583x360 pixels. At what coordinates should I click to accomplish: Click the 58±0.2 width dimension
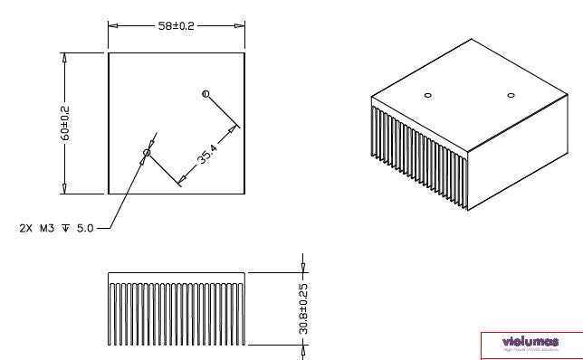(x=177, y=26)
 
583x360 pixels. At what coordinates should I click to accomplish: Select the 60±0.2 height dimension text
(x=66, y=122)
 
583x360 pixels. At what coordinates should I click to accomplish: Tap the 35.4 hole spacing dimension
(x=207, y=156)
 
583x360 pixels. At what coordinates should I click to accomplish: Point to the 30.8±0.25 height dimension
(x=303, y=308)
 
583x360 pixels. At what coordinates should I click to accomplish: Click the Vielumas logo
(x=530, y=343)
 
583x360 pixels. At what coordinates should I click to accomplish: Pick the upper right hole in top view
(x=206, y=93)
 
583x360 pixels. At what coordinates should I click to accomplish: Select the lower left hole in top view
(x=147, y=153)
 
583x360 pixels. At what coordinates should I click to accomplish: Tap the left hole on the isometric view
(x=428, y=95)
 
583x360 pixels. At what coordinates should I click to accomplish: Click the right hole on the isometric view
(x=510, y=95)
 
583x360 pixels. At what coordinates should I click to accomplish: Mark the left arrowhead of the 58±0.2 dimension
(x=112, y=26)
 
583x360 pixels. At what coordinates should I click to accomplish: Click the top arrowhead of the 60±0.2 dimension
(x=65, y=57)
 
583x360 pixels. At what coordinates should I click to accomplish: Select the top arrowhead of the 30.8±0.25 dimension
(x=303, y=268)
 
